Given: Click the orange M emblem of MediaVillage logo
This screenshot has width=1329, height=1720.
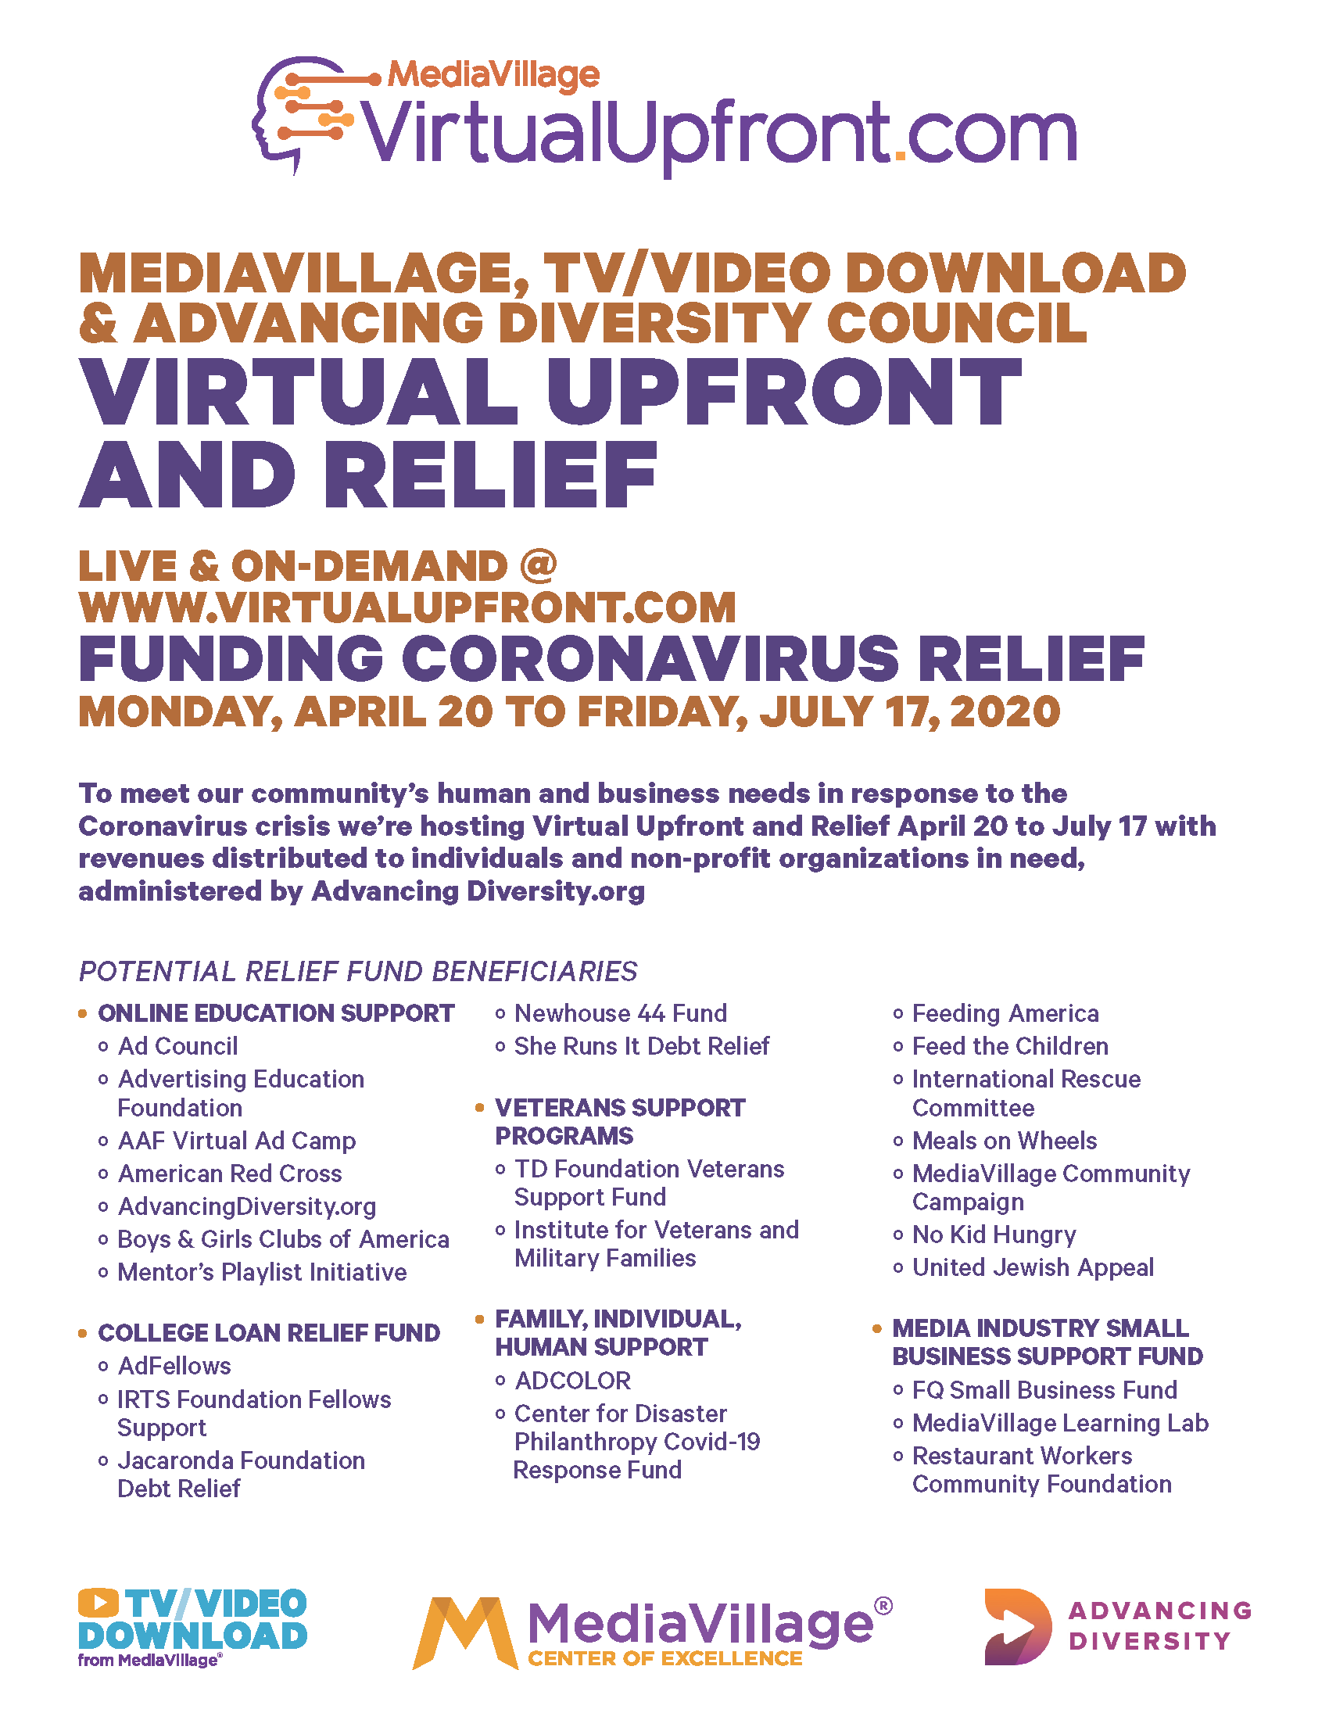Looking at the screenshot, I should pyautogui.click(x=464, y=1632).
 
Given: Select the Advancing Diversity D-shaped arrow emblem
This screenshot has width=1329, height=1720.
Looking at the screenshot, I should pyautogui.click(x=1016, y=1626).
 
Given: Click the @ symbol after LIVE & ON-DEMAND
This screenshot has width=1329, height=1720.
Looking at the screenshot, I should pyautogui.click(x=538, y=564).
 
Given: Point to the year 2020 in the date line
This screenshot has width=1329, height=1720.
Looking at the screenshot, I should pyautogui.click(x=1005, y=711).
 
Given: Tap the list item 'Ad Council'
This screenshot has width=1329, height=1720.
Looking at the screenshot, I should pyautogui.click(x=177, y=1046).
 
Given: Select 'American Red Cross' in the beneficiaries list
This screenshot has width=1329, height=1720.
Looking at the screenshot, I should pyautogui.click(x=229, y=1174).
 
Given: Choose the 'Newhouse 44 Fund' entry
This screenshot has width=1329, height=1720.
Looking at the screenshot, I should pyautogui.click(x=620, y=1012).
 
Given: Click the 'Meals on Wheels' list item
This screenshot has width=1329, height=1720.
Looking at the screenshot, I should pyautogui.click(x=1004, y=1141).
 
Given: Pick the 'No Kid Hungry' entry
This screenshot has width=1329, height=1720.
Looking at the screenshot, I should pyautogui.click(x=994, y=1234).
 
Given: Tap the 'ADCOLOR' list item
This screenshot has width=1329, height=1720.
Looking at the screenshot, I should pyautogui.click(x=572, y=1381).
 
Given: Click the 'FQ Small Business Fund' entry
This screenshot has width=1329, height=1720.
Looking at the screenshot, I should pyautogui.click(x=1044, y=1390).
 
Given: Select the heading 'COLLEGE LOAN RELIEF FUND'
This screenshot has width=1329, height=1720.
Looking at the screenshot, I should pyautogui.click(x=268, y=1332).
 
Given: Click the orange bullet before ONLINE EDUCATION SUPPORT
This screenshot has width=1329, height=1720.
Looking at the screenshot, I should pyautogui.click(x=83, y=1013).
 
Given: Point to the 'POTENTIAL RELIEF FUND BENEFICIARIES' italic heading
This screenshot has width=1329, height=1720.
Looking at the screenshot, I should pyautogui.click(x=357, y=971).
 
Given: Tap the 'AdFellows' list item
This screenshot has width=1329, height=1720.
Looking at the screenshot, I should pyautogui.click(x=174, y=1366).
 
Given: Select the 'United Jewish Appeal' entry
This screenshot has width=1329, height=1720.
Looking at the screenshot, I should pyautogui.click(x=1032, y=1267).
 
